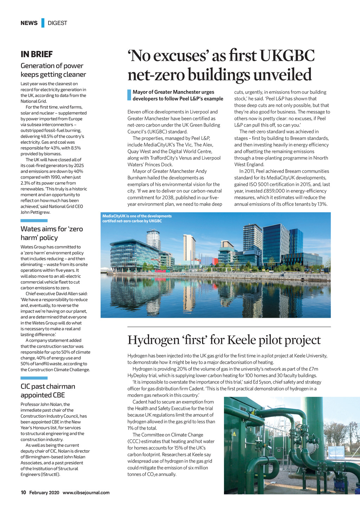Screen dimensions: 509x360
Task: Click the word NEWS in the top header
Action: tap(29, 23)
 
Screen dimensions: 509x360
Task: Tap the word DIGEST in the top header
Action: tap(57, 23)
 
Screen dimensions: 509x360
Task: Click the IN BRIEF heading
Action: tap(37, 54)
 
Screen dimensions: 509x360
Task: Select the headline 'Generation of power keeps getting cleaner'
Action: tap(53, 70)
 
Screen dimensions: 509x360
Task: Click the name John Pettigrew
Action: tap(35, 212)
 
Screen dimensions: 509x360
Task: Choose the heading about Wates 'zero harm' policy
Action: tap(52, 233)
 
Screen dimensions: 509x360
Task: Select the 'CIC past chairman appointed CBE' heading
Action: tap(48, 391)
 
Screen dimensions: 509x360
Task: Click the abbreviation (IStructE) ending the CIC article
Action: tap(50, 475)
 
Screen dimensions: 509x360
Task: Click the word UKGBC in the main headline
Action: tap(288, 56)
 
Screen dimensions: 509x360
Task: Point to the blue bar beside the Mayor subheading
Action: tap(129, 95)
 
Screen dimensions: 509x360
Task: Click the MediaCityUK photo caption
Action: tap(137, 218)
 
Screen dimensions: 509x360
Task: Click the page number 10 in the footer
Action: tap(23, 492)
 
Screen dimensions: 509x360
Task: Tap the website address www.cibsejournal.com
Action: tap(86, 492)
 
